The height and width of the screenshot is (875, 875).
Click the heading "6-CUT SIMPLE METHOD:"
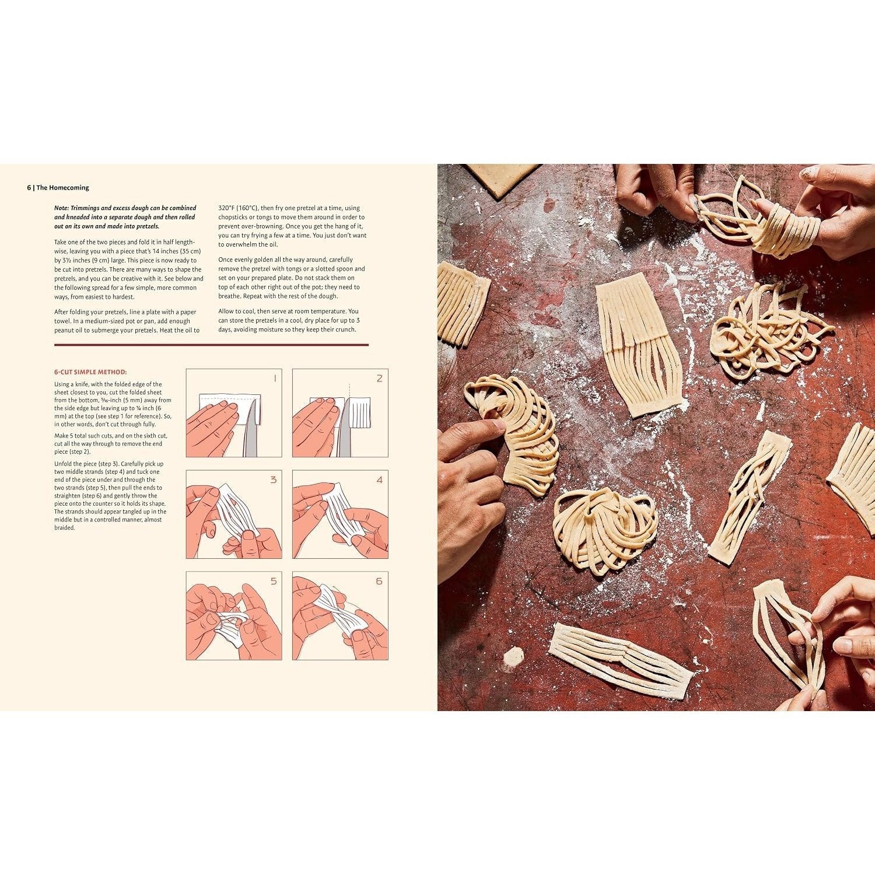pos(90,372)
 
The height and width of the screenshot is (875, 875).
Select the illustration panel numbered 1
pos(234,413)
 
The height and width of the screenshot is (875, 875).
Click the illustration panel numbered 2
pos(340,413)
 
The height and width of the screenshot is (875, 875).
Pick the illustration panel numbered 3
pos(234,514)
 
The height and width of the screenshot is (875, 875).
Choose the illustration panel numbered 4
pos(340,514)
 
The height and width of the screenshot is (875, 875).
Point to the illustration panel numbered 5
pos(234,616)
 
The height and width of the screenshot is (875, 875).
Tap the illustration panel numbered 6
pos(340,616)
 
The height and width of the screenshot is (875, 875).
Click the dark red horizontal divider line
pos(211,345)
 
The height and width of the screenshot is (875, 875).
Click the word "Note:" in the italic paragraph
pos(61,208)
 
